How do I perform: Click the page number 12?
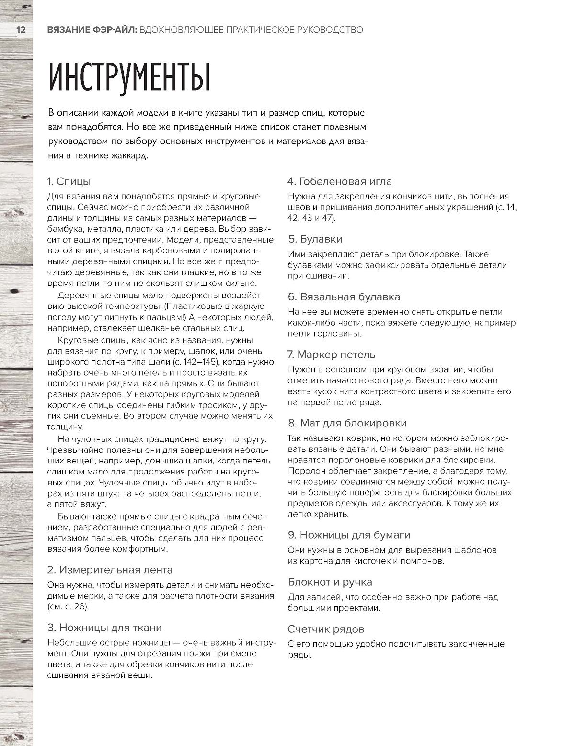21,30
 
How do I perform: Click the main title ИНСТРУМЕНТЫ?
129,78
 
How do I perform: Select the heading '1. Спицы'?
69,181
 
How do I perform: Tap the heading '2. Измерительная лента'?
110,570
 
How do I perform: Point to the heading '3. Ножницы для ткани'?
104,628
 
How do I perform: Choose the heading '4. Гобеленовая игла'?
340,181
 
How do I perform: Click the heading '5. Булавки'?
315,239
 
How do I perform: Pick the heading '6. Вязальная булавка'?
344,297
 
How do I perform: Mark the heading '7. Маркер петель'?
332,355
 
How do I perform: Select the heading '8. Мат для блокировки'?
347,423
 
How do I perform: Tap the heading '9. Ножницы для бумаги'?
349,535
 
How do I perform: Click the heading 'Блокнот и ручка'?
330,582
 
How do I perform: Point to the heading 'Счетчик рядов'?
326,629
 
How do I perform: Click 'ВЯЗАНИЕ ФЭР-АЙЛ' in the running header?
92,30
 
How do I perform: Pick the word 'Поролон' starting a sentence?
305,471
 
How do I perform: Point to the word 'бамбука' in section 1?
66,229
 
